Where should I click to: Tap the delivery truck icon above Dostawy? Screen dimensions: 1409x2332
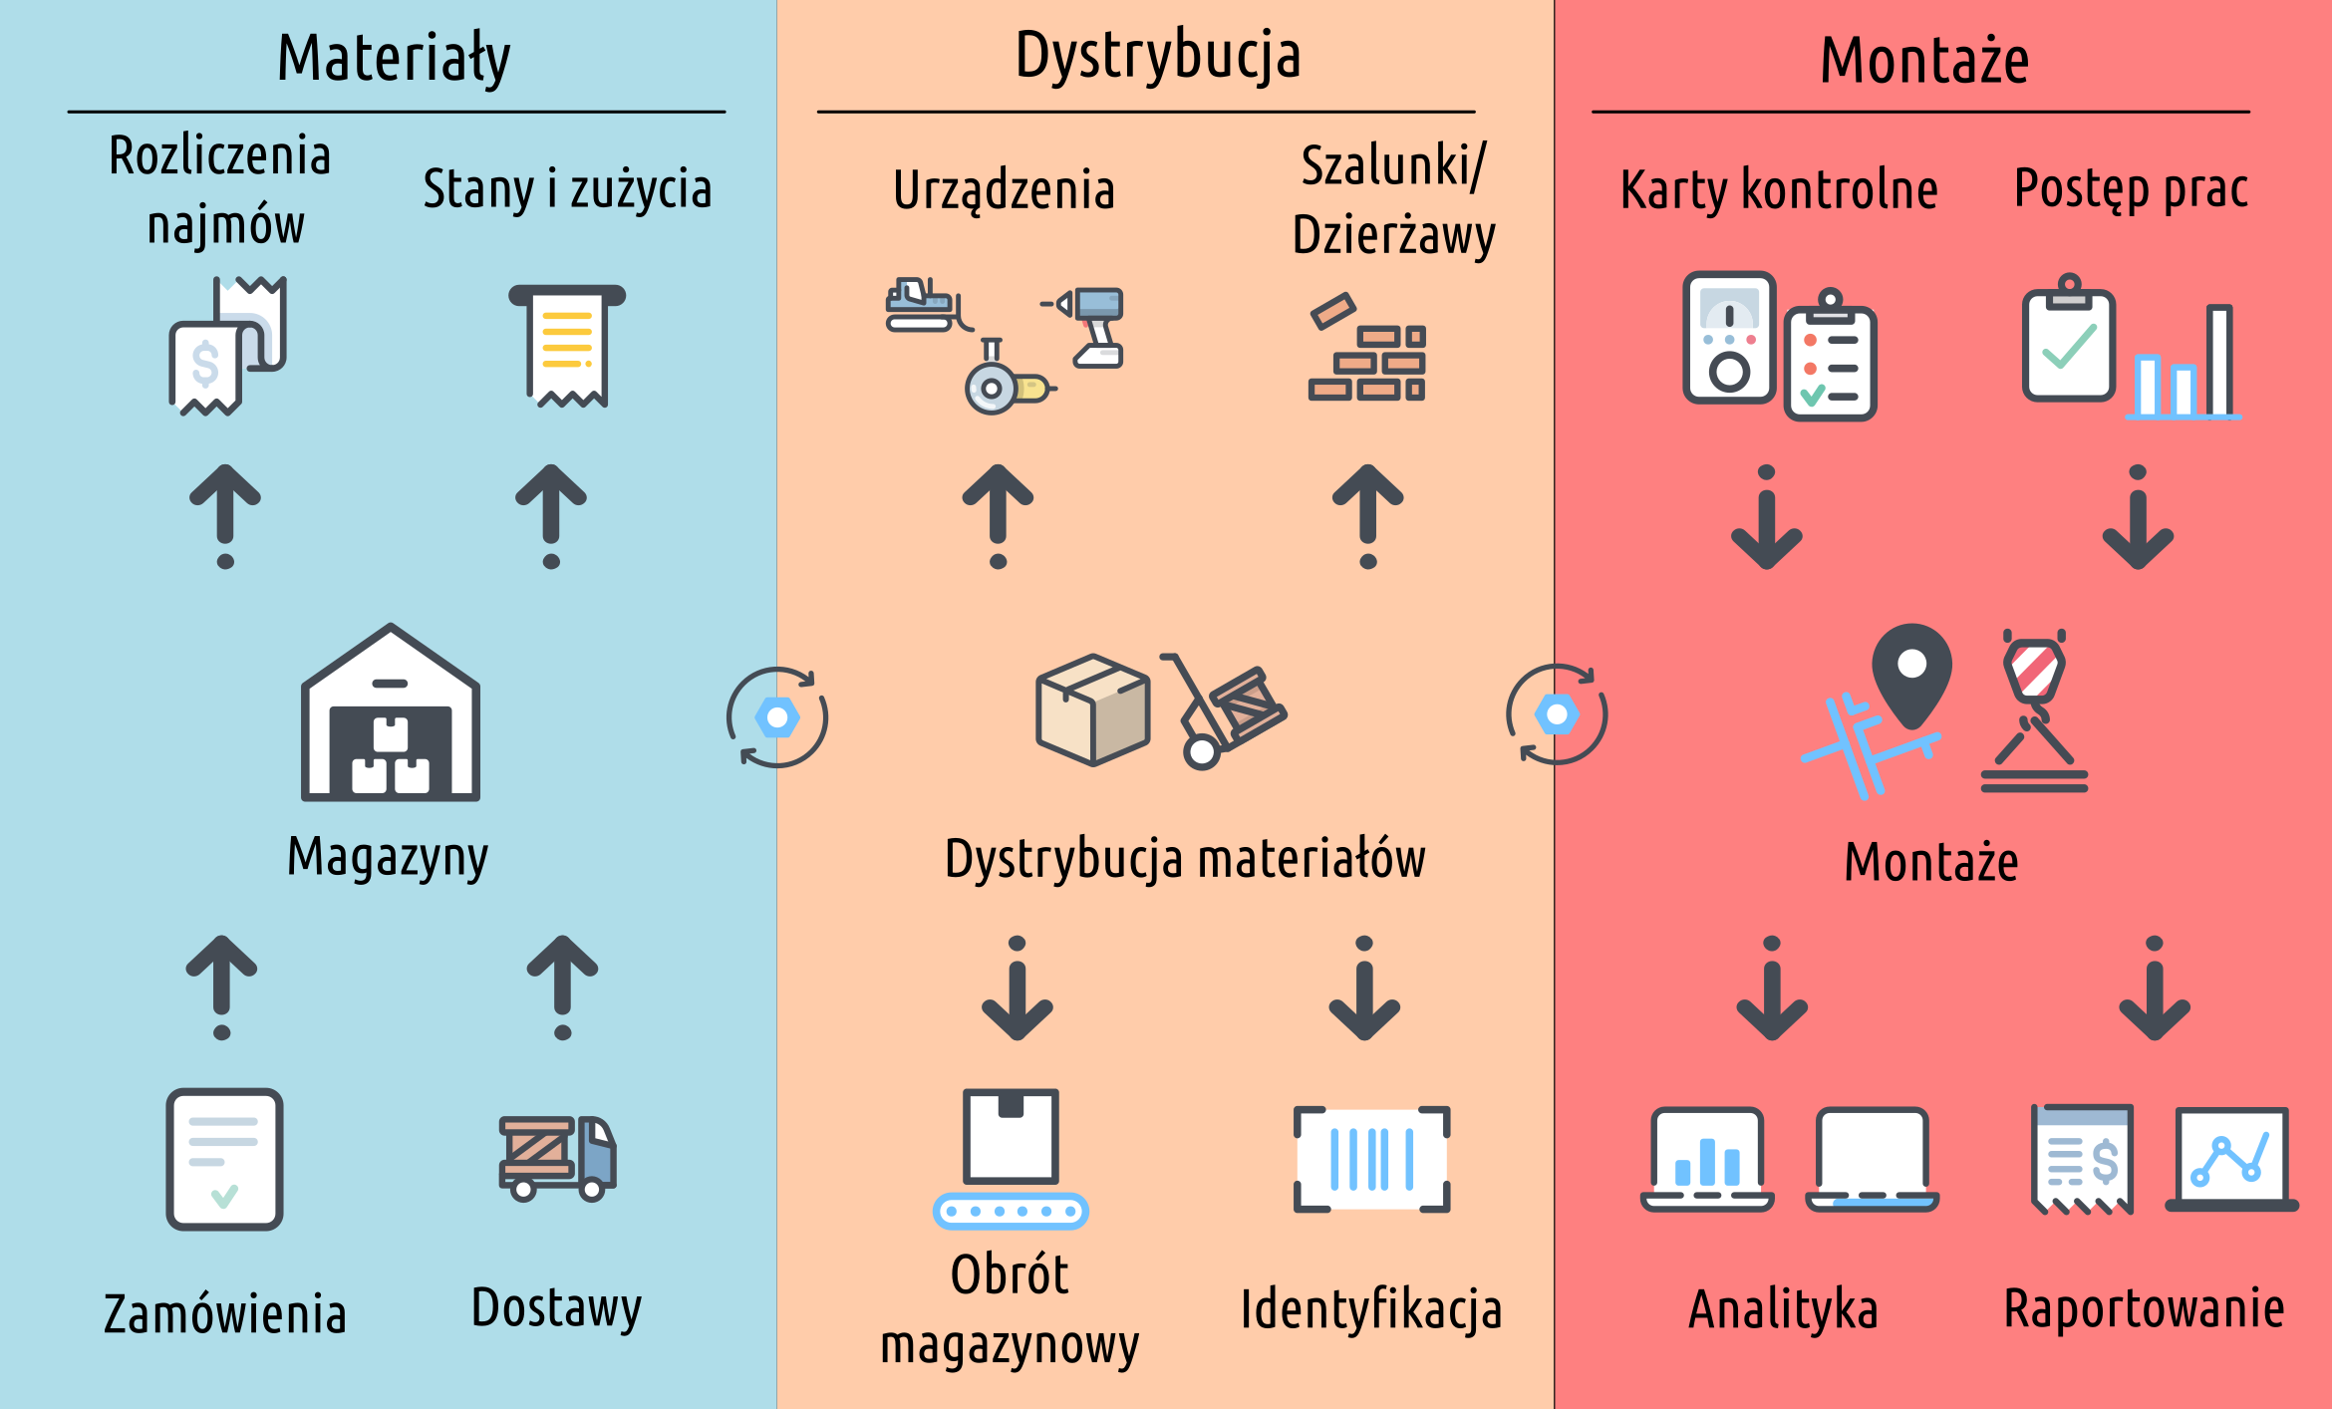point(557,1158)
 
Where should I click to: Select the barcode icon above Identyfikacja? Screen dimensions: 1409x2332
point(1371,1159)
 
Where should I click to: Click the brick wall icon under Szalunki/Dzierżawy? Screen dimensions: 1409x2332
point(1367,349)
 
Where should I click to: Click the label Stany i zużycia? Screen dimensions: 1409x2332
point(567,189)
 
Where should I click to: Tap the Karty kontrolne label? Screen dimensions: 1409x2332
point(1779,190)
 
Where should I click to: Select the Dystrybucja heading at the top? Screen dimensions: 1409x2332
point(1158,56)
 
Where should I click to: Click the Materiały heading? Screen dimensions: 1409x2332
point(394,58)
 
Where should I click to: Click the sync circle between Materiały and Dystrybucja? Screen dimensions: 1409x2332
point(777,717)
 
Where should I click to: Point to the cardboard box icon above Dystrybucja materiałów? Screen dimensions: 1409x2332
point(1093,709)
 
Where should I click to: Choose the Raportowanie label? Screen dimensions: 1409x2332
point(2144,1308)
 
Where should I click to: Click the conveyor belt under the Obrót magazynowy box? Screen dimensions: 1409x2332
point(1011,1211)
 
